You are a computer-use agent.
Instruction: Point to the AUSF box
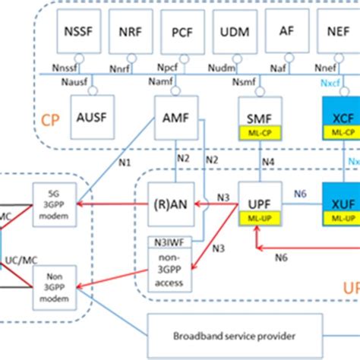tap(96, 118)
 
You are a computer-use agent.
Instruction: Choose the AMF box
tap(176, 118)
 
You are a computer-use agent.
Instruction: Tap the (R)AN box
tap(171, 204)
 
